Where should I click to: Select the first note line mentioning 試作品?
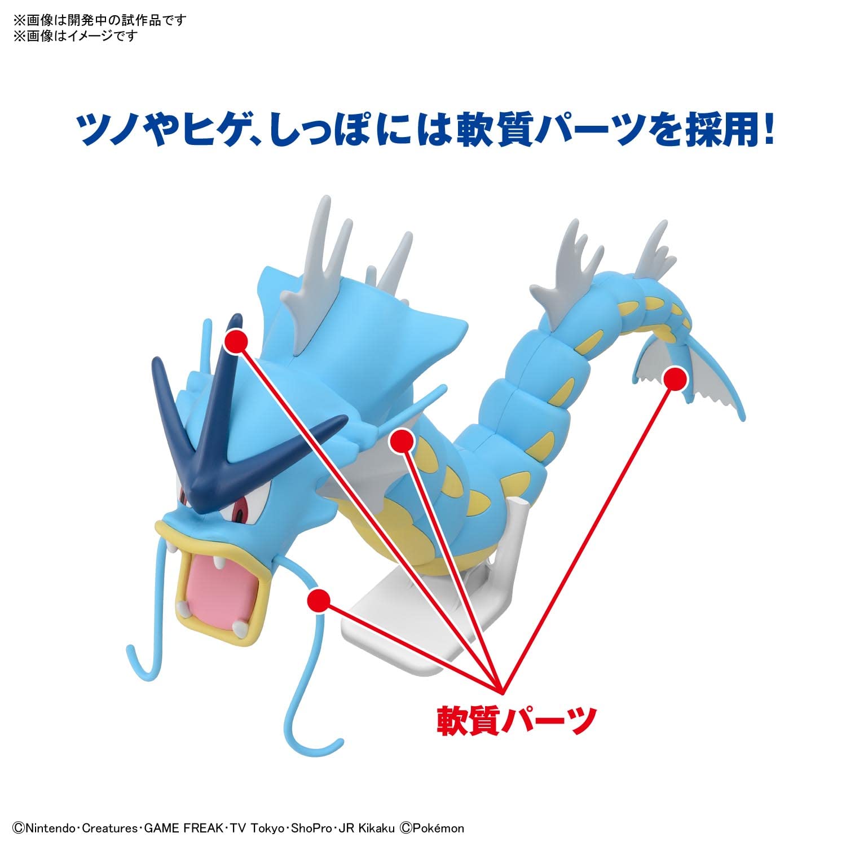(99, 21)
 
